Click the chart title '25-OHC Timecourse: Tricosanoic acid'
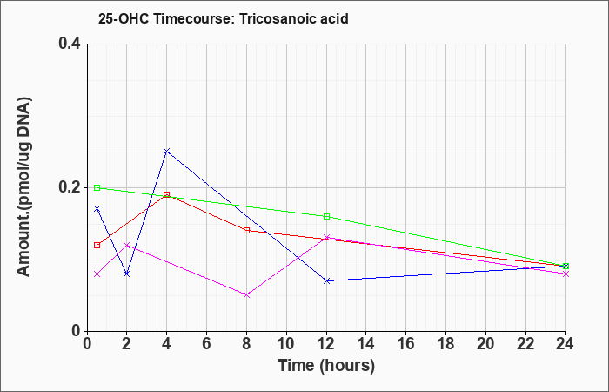click(x=223, y=18)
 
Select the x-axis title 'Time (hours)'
click(x=326, y=366)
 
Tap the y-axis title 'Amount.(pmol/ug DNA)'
click(x=23, y=187)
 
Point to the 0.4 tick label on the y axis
click(x=70, y=44)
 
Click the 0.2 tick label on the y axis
click(x=70, y=187)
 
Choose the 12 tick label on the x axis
click(x=326, y=344)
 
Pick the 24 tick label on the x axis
click(x=565, y=344)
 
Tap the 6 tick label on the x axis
click(x=207, y=344)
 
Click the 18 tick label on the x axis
click(x=445, y=344)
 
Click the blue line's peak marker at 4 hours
click(x=167, y=151)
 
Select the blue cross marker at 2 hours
click(x=127, y=274)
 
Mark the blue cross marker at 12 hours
click(x=326, y=280)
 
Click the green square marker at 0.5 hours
click(x=97, y=188)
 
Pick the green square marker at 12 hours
click(x=326, y=217)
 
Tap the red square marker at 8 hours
click(x=246, y=231)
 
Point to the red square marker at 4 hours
click(x=167, y=194)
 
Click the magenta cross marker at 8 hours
click(x=246, y=295)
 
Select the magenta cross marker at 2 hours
click(x=127, y=245)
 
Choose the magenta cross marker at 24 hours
click(x=565, y=274)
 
